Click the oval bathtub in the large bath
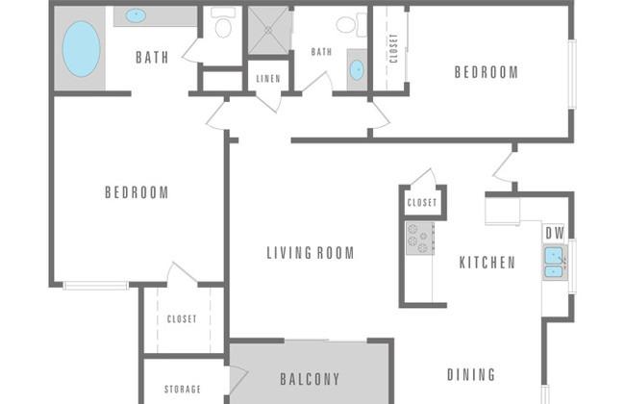[82, 49]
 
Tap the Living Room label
[311, 253]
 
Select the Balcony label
[310, 379]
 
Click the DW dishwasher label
[555, 234]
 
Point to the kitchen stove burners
[420, 239]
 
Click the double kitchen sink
[555, 263]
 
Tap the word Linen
[268, 79]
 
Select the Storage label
[183, 389]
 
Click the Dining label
[471, 375]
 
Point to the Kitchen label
[487, 263]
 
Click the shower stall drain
[268, 30]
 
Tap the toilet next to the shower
[223, 23]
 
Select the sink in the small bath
[357, 70]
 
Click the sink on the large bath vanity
[136, 16]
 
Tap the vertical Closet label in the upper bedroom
[394, 49]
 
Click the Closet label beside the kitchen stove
[422, 203]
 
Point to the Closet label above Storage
[182, 319]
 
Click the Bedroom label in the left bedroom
[137, 192]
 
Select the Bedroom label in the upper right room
[487, 72]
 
